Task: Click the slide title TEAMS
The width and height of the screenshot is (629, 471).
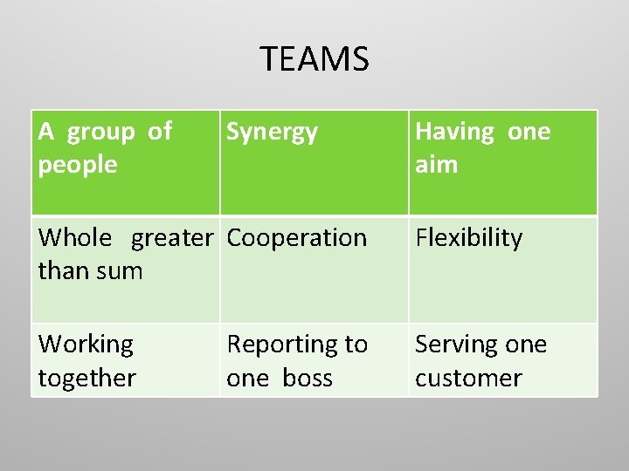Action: tap(314, 59)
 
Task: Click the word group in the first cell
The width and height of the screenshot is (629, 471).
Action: tap(100, 132)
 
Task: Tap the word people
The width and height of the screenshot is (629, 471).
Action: tap(78, 164)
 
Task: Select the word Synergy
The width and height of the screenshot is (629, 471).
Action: tap(272, 133)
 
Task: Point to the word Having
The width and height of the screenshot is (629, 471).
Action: tap(454, 132)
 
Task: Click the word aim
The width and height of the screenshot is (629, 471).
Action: tap(436, 164)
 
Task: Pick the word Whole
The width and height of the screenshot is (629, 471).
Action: tap(75, 237)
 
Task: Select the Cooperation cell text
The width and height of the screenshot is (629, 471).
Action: tap(296, 238)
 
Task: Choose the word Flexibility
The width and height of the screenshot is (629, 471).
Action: tap(468, 238)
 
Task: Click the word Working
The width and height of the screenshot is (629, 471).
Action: tap(86, 345)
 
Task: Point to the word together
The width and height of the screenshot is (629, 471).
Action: tap(87, 378)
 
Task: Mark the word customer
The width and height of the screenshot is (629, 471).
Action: tap(468, 378)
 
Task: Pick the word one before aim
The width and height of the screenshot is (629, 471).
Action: tap(529, 132)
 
